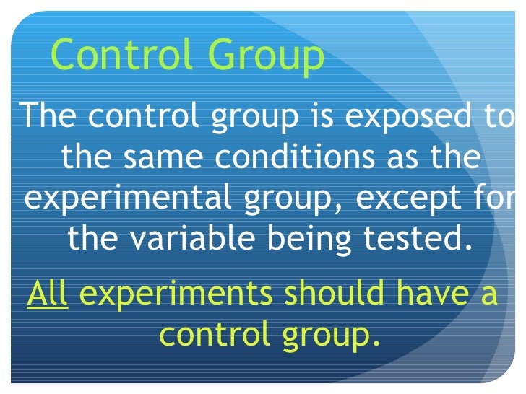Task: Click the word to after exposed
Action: click(501, 117)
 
